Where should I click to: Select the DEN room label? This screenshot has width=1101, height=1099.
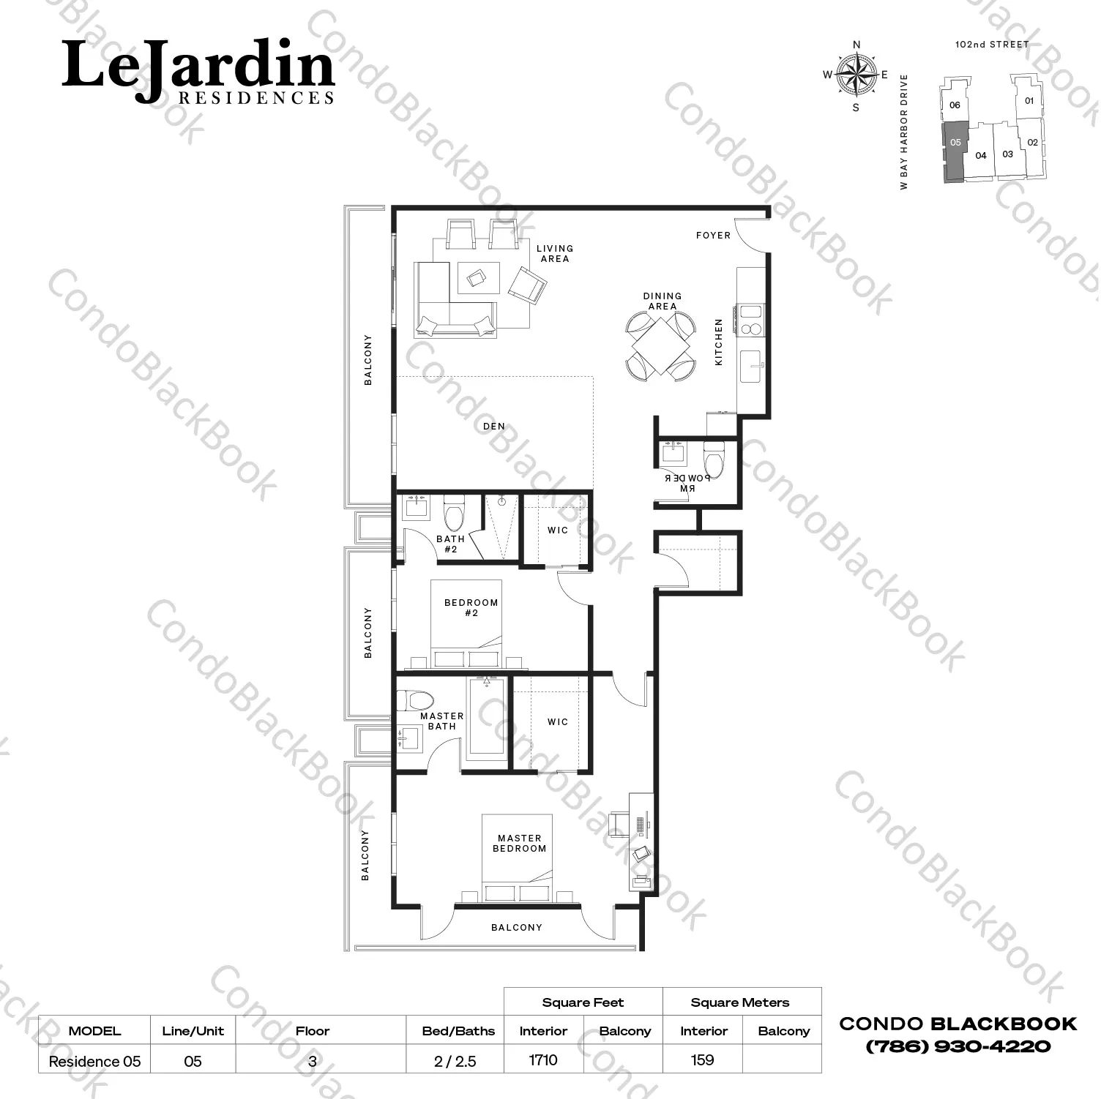tap(494, 427)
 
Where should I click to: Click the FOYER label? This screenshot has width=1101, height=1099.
tap(713, 236)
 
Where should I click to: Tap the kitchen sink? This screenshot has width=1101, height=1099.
tap(752, 367)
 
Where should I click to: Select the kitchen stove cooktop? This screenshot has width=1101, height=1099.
tap(752, 319)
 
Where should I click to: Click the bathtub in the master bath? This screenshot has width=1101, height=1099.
tap(487, 715)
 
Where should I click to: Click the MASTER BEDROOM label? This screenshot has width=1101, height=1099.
tap(520, 844)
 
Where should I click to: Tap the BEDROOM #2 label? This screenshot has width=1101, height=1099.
tap(471, 608)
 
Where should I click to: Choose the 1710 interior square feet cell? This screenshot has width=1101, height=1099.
tap(543, 1060)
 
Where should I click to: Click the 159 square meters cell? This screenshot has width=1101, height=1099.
tap(703, 1060)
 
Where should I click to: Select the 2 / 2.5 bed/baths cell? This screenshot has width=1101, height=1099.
tap(455, 1061)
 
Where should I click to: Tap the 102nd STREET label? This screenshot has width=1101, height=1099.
tap(992, 45)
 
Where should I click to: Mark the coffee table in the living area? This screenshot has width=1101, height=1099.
tap(479, 279)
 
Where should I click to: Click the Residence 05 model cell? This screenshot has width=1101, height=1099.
tap(94, 1061)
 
